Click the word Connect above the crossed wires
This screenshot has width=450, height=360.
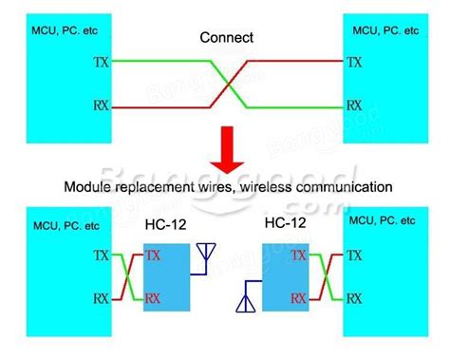tap(225, 38)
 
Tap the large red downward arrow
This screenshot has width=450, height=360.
tap(225, 151)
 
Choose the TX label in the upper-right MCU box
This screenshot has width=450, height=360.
tap(354, 63)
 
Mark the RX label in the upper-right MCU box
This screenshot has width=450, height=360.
tap(354, 106)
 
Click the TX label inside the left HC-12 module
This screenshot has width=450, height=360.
tap(152, 256)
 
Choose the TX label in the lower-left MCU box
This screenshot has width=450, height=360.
tap(102, 256)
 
